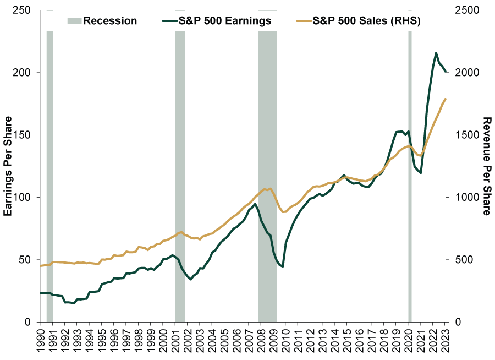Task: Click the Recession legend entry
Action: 102,21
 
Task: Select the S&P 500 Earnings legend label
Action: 221,21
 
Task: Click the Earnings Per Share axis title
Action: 8,166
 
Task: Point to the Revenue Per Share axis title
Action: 486,166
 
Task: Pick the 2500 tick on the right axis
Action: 464,10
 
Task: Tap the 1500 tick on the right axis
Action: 464,135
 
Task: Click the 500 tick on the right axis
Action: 461,260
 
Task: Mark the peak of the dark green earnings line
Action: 436,53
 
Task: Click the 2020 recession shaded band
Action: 410,176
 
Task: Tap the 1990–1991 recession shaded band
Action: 50,176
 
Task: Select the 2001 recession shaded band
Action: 180,176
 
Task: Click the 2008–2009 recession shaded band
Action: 267,176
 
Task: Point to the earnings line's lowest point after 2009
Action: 283,267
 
